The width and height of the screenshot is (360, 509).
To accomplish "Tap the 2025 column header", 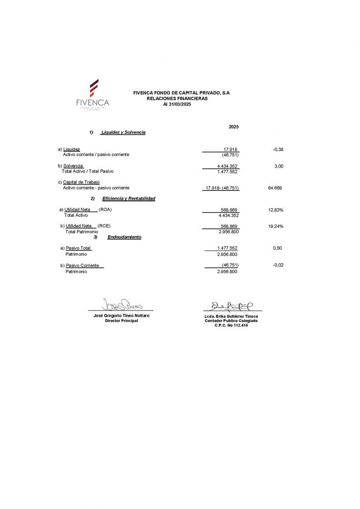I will [x=234, y=127].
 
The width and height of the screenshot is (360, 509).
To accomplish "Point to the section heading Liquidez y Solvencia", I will [x=123, y=132].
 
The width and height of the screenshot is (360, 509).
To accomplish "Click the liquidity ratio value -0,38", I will [x=278, y=149].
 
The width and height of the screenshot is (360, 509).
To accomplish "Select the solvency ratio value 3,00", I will [x=278, y=166].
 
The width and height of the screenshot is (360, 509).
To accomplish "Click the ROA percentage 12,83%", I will [x=275, y=210].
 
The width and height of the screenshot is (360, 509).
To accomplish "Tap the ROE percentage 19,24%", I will [x=275, y=226].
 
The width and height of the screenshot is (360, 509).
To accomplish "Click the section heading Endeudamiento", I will [x=124, y=237].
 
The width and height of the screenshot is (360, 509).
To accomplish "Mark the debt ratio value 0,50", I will [x=277, y=248].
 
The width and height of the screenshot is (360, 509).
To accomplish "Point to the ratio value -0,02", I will [x=278, y=265].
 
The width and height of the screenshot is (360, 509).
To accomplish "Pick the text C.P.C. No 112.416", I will [x=231, y=325].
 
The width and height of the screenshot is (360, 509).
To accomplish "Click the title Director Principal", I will [x=121, y=321].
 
